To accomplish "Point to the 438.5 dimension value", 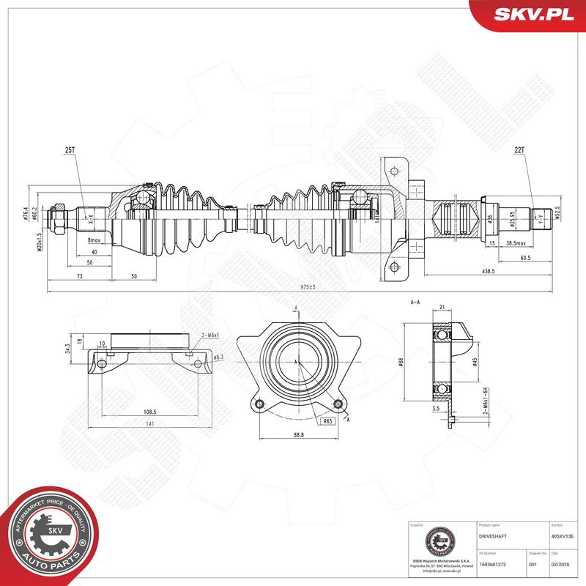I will point(488,271).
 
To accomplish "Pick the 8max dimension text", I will point(94,240).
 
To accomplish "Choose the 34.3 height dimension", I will point(67,348).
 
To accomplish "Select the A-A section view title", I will point(415,302).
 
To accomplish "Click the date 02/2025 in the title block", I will point(559,564).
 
